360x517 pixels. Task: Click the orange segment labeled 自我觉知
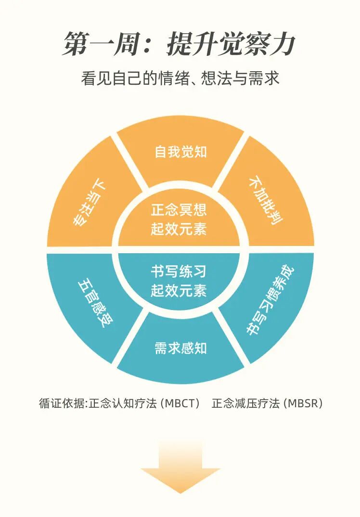(180, 152)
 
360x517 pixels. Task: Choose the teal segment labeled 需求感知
(180, 348)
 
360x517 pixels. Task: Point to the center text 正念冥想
(179, 210)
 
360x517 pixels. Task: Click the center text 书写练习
(179, 272)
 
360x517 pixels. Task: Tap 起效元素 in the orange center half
(179, 229)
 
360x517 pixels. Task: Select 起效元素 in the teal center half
(179, 291)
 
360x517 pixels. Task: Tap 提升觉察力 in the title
(231, 45)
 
